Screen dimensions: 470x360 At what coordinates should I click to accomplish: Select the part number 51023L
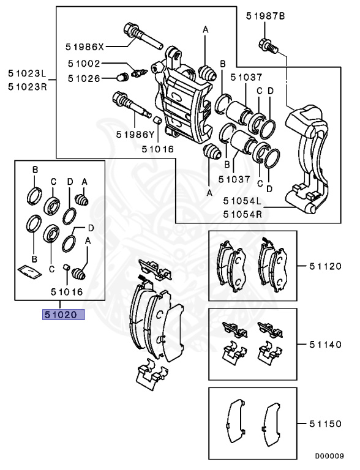pyautogui.click(x=27, y=73)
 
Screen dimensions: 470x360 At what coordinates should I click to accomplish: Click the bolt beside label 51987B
pyautogui.click(x=266, y=45)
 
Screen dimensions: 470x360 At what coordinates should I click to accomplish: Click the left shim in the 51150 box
pyautogui.click(x=234, y=422)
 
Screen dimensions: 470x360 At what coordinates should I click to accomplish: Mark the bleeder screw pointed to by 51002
pyautogui.click(x=138, y=73)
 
